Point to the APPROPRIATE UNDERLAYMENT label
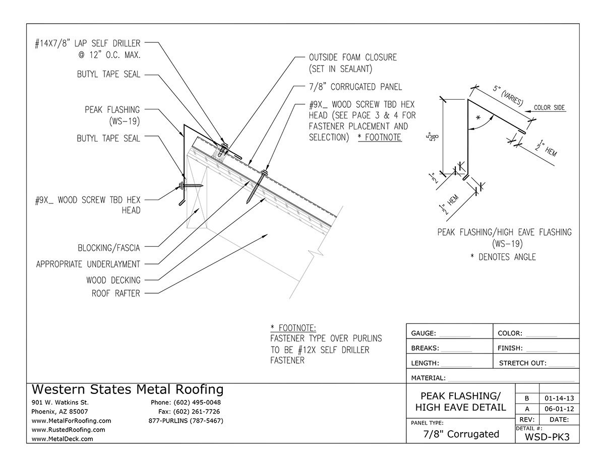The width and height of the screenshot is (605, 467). click(88, 264)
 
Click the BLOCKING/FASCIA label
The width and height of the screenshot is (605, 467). click(109, 247)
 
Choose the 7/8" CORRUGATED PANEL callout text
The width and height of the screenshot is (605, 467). click(355, 87)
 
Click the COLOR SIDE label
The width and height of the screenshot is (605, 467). click(549, 108)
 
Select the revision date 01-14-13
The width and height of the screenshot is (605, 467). click(558, 397)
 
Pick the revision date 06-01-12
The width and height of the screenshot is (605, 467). click(558, 409)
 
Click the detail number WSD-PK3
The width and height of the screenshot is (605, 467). click(547, 437)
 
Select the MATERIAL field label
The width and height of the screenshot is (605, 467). click(428, 378)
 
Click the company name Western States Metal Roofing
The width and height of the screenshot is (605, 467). click(128, 389)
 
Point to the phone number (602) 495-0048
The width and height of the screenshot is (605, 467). click(185, 403)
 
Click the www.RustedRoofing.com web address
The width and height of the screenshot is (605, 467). click(68, 430)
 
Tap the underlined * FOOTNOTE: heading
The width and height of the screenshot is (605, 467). click(293, 328)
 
